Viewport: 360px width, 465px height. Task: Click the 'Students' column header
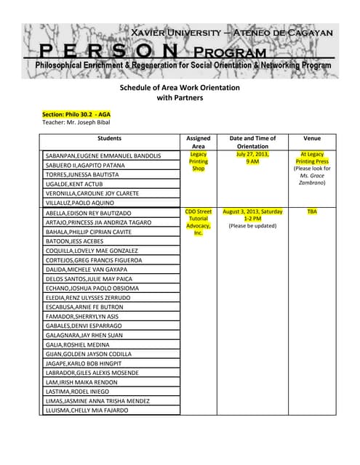(109, 138)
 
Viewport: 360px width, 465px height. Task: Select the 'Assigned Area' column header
(198, 142)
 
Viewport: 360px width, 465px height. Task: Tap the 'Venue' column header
(312, 138)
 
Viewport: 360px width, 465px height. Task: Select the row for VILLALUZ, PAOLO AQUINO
(82, 203)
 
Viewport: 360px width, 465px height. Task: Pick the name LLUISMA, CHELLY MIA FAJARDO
(87, 411)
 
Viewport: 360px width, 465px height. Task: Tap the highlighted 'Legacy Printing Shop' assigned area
(198, 161)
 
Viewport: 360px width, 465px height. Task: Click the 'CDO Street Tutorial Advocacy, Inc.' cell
(198, 222)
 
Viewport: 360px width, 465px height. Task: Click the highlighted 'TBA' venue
(312, 211)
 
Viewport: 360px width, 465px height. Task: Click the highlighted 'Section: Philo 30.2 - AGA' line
(76, 114)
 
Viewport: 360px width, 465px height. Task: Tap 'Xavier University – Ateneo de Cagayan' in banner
(231, 33)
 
